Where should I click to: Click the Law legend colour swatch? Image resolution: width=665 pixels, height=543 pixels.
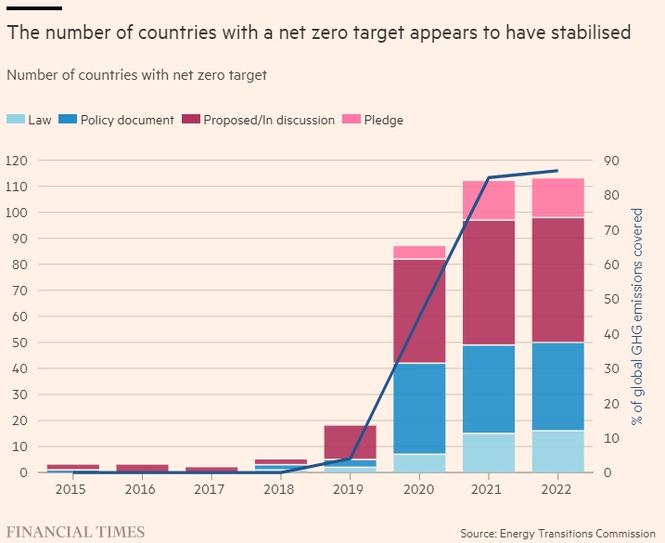[16, 120]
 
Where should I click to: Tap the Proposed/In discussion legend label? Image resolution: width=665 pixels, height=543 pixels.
[269, 120]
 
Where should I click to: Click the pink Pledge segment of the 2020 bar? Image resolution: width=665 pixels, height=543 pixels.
[419, 252]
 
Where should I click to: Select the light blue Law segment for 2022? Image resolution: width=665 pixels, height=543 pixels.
[557, 451]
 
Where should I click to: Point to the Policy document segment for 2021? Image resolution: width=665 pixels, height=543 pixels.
[488, 389]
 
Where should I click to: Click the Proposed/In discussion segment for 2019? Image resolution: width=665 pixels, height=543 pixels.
[350, 442]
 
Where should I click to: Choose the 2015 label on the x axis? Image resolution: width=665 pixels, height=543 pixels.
[71, 488]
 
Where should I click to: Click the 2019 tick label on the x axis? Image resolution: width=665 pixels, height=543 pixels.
[349, 488]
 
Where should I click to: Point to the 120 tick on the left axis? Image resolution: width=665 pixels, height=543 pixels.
[17, 161]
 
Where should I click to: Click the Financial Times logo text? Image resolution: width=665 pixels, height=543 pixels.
[75, 532]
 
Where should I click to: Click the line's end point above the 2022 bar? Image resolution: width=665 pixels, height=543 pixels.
[557, 171]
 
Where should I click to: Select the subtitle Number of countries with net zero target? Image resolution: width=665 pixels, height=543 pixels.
[136, 75]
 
